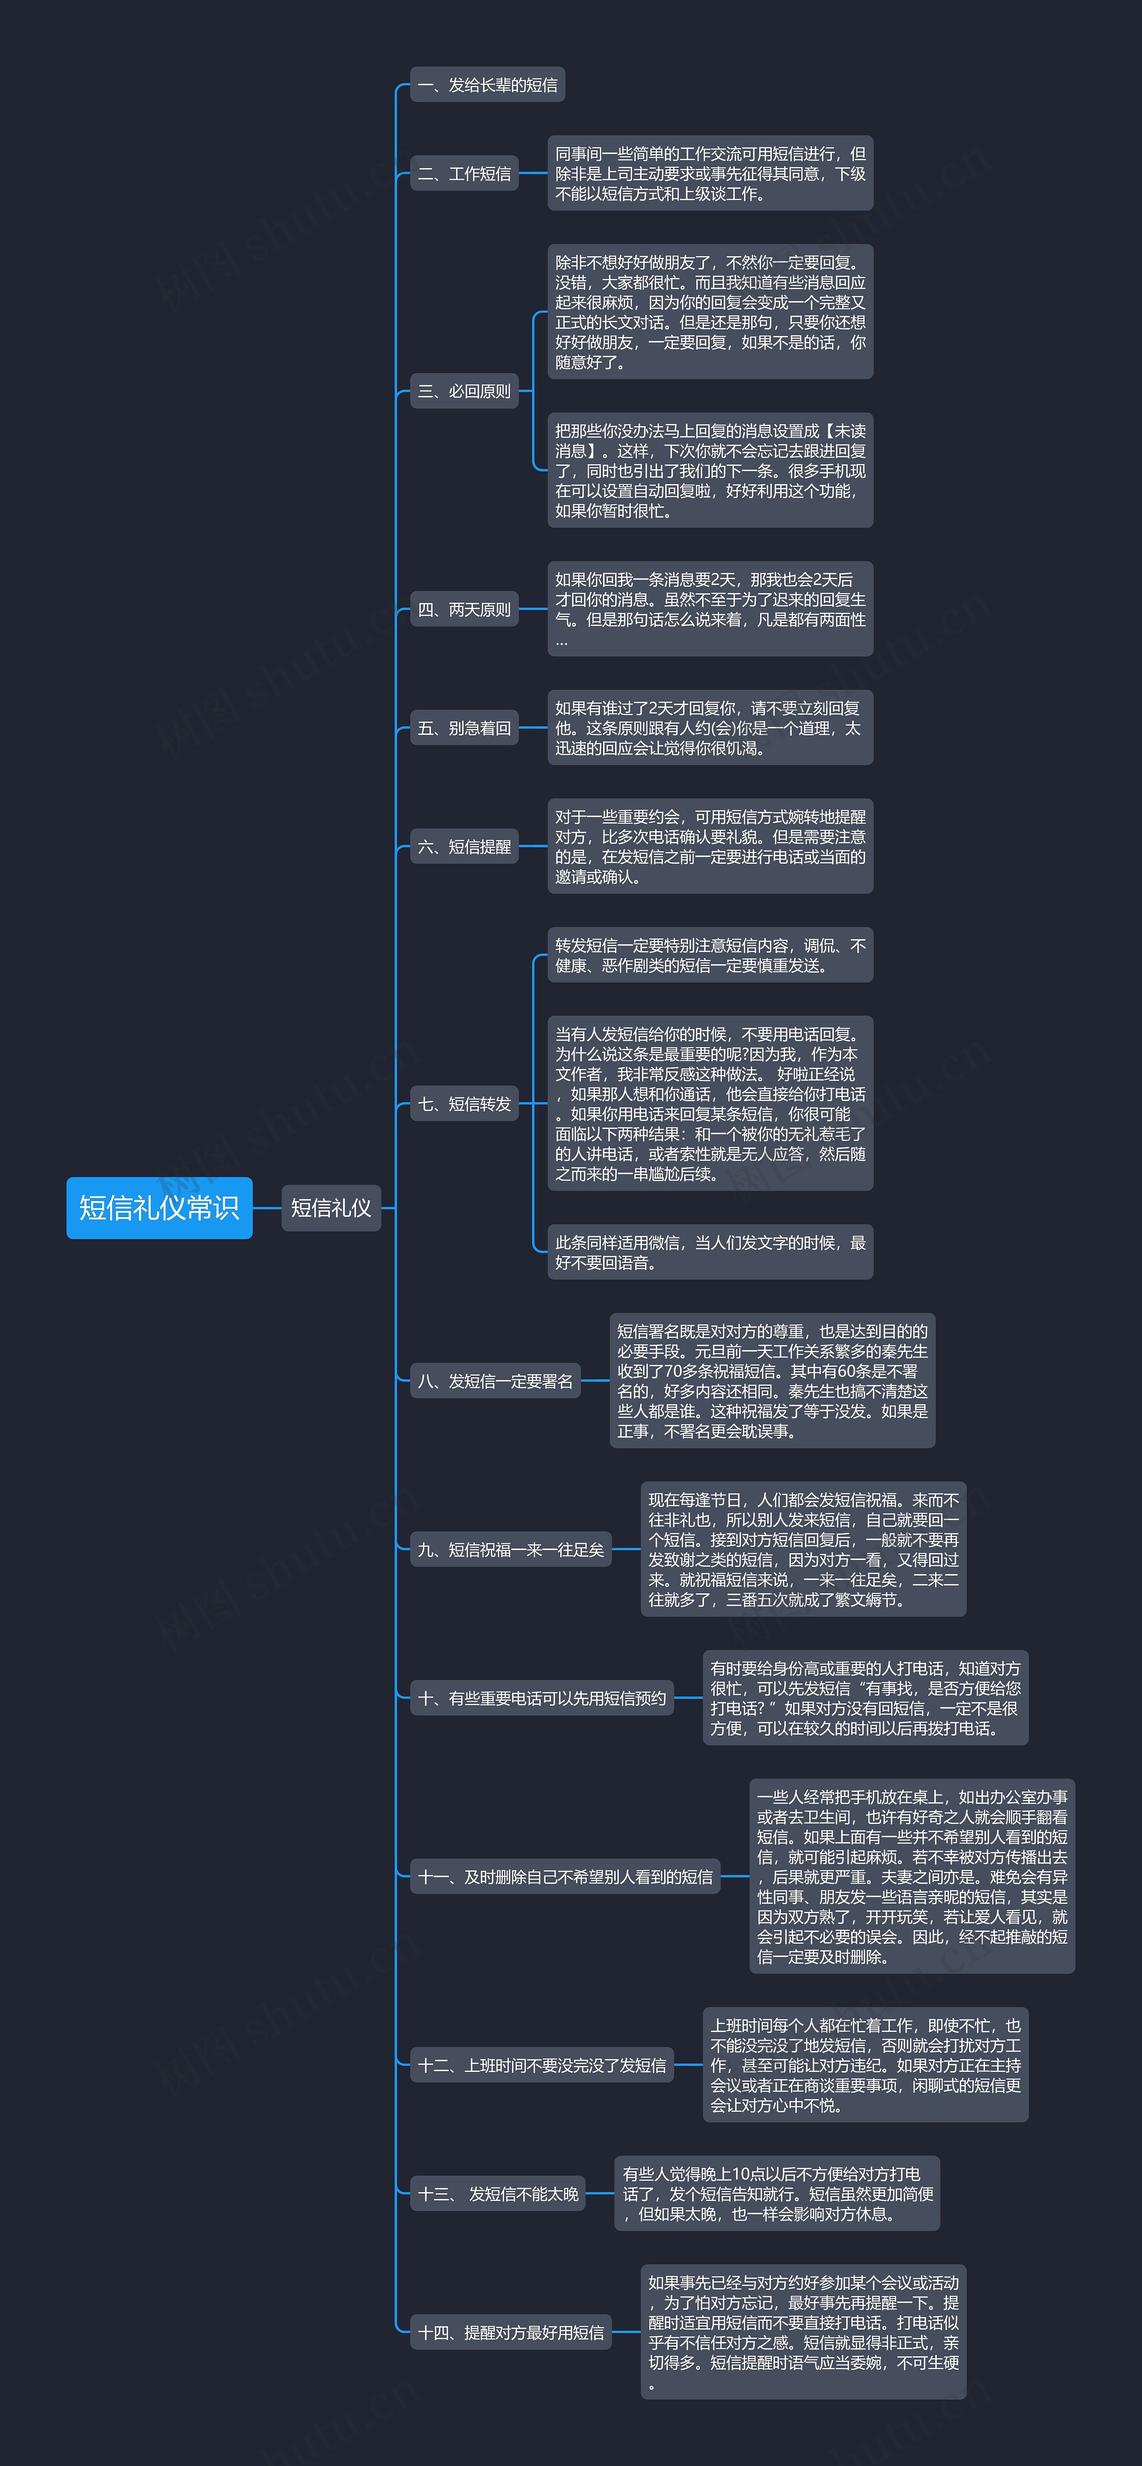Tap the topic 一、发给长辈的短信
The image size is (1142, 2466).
point(487,85)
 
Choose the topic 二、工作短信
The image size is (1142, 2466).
point(464,173)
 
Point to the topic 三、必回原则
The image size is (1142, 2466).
point(464,390)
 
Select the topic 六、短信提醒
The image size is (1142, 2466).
point(464,846)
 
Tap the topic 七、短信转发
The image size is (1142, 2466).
point(464,1104)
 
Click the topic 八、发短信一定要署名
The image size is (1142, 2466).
point(495,1380)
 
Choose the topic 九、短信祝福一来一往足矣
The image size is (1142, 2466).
point(510,1549)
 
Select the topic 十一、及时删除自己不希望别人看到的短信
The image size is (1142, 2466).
point(565,1876)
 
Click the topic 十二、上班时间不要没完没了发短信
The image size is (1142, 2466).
point(542,2065)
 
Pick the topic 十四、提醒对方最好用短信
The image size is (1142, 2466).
point(510,2332)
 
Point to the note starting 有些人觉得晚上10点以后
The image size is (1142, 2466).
point(776,2193)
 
